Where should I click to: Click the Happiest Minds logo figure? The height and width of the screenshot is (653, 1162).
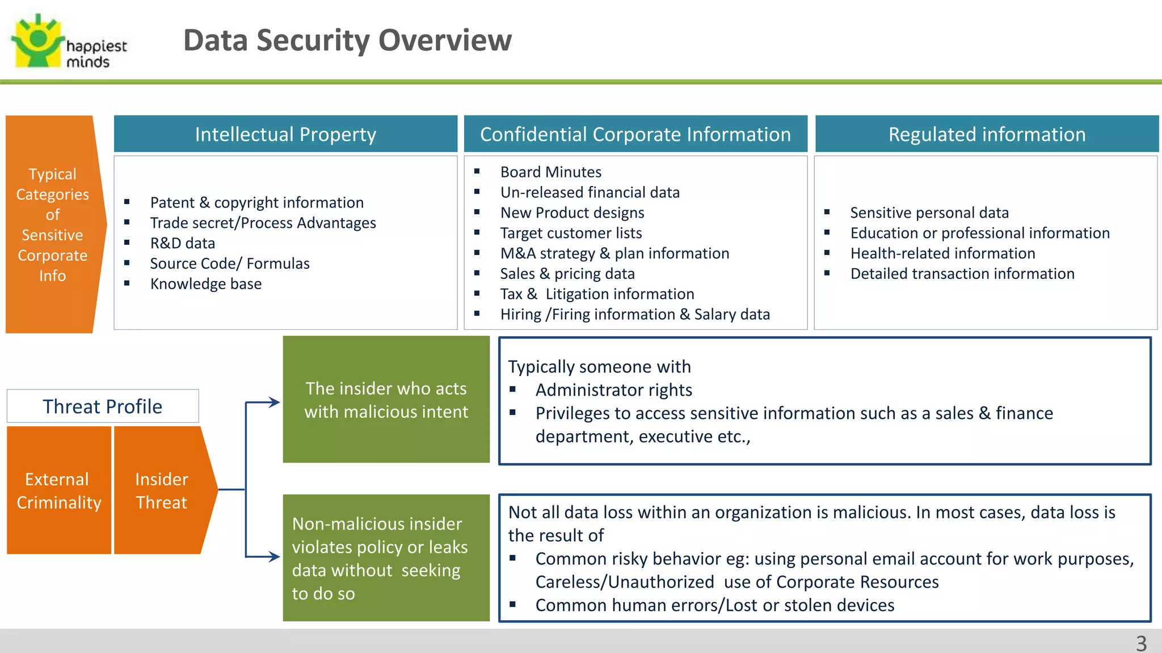coord(37,41)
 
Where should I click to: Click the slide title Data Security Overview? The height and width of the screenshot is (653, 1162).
coord(347,40)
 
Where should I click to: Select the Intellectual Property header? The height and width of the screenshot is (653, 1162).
coord(285,134)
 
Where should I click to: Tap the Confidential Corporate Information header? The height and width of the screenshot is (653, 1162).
coord(635,134)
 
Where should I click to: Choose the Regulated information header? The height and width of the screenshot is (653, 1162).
coord(987,134)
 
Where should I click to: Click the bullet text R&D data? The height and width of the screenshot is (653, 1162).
coord(183,243)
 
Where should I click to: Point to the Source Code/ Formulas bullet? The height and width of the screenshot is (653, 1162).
coord(230,264)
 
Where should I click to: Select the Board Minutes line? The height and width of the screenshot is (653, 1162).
coord(550,172)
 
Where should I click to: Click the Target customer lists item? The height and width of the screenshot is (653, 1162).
coord(571,233)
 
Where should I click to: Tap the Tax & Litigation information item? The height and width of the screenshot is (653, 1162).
coord(597,294)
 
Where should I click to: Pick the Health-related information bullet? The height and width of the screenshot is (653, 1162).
coord(942,253)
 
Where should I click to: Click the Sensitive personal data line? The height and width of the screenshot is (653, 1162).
coord(929,213)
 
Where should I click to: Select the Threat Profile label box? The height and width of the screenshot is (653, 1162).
coord(103,406)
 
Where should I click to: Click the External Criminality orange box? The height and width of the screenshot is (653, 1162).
coord(59,490)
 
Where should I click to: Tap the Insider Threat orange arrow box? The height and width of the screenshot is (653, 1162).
coord(162,490)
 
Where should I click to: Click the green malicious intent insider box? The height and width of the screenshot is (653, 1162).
coord(386,400)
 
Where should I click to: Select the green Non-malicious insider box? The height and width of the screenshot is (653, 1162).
coord(386,558)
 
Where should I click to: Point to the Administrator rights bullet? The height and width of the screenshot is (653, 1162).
coord(613,390)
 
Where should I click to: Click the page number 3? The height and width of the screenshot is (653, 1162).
coord(1141,643)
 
